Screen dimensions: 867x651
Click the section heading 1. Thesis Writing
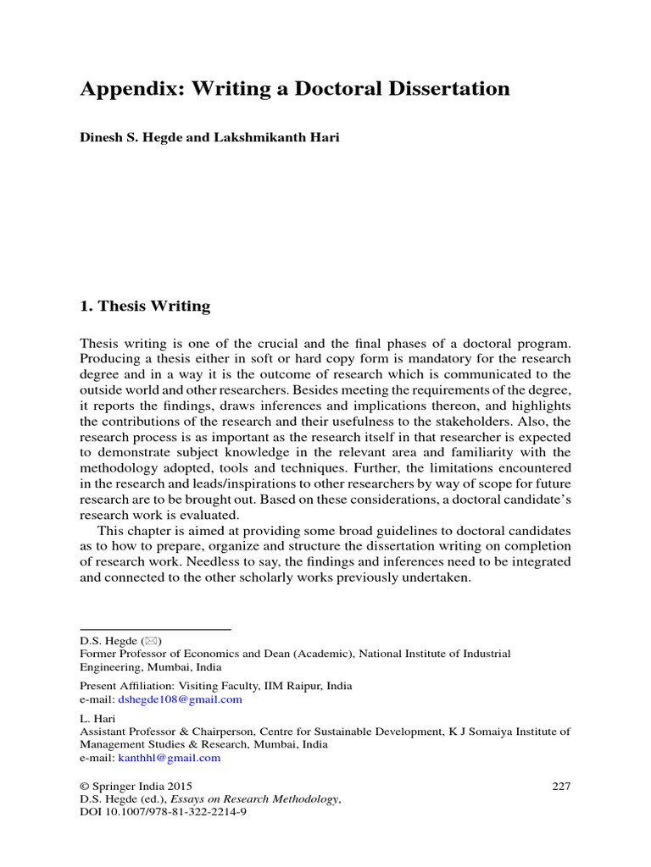(145, 306)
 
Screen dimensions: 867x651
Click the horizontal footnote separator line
(155, 629)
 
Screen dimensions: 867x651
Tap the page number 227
(561, 786)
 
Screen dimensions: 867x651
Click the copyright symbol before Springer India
(84, 786)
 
